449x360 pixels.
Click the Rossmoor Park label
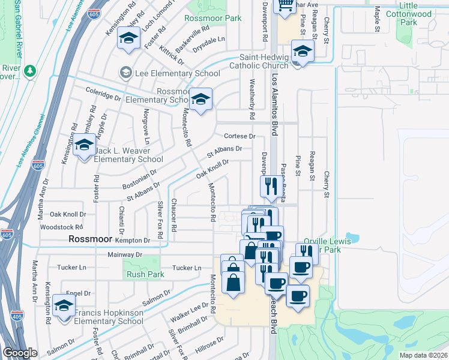point(213,18)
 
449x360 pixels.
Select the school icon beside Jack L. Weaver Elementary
point(84,146)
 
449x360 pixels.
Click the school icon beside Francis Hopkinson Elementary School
point(62,305)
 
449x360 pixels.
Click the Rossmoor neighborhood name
point(90,239)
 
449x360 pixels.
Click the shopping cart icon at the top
point(285,5)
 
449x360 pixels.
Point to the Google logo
point(20,353)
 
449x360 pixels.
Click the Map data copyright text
point(424,355)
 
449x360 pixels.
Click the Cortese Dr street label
point(240,136)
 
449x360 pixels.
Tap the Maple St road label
point(378,20)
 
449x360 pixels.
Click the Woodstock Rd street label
point(61,227)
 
